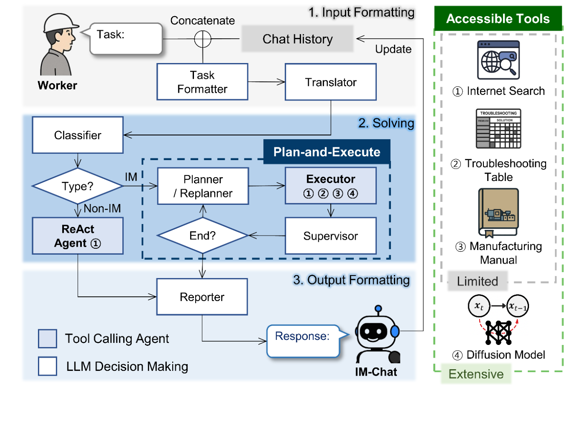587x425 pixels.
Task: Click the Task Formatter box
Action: point(202,82)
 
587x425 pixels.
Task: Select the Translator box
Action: point(330,82)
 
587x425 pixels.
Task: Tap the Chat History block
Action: point(297,39)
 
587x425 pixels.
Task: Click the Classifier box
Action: point(78,135)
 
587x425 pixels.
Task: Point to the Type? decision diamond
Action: point(77,186)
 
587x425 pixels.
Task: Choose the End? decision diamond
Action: point(202,235)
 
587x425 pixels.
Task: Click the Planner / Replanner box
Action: point(203,186)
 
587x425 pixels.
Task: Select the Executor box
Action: point(330,186)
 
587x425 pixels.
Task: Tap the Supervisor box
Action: point(330,235)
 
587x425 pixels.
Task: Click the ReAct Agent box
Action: point(78,235)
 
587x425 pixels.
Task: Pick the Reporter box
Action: point(202,297)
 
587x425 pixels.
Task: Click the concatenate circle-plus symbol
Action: point(202,39)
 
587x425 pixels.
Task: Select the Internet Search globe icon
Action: point(498,60)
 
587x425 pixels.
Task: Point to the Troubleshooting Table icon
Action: point(498,129)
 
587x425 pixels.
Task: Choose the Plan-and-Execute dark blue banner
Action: point(327,152)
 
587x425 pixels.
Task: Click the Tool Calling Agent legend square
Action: point(47,339)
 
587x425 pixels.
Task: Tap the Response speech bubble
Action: point(302,340)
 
